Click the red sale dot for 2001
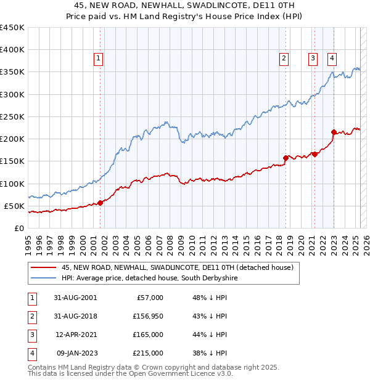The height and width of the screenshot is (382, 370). (101, 203)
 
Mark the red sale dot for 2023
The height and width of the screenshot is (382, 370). (334, 132)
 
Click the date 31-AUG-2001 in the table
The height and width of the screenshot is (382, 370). (75, 298)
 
